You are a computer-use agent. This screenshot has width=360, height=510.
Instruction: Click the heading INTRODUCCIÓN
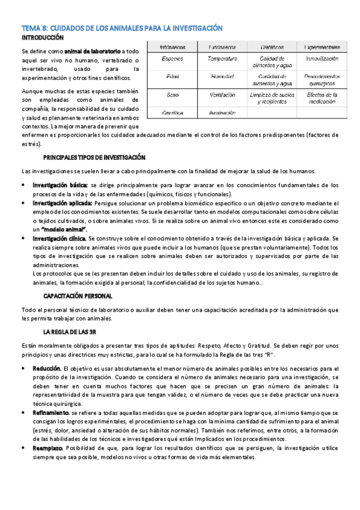[42, 38]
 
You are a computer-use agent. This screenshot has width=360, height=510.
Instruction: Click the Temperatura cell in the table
[222, 59]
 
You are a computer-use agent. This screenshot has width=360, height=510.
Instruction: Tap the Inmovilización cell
[322, 59]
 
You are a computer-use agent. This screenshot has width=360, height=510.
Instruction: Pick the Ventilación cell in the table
[222, 95]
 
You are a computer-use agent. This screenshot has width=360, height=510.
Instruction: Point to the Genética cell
[172, 112]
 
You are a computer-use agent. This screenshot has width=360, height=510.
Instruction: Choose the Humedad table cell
[222, 77]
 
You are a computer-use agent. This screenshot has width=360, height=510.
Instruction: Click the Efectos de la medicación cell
[322, 98]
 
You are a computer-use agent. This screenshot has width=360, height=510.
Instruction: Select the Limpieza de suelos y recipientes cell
[272, 98]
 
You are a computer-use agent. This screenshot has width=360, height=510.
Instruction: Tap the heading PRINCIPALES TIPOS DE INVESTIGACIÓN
[94, 158]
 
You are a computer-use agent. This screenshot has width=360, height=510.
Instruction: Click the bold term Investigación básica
[60, 185]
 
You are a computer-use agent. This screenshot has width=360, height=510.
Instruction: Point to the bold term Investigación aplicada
[63, 203]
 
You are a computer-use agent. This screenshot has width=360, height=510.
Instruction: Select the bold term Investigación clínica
[59, 238]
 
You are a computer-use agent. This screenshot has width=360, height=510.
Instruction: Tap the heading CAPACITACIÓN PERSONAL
[77, 296]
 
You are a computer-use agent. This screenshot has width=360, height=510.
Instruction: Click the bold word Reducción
[47, 367]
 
